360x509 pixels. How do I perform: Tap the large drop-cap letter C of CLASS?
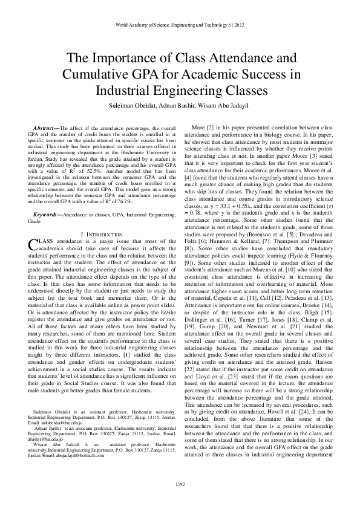(33, 227)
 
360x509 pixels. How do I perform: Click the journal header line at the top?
(180, 25)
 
